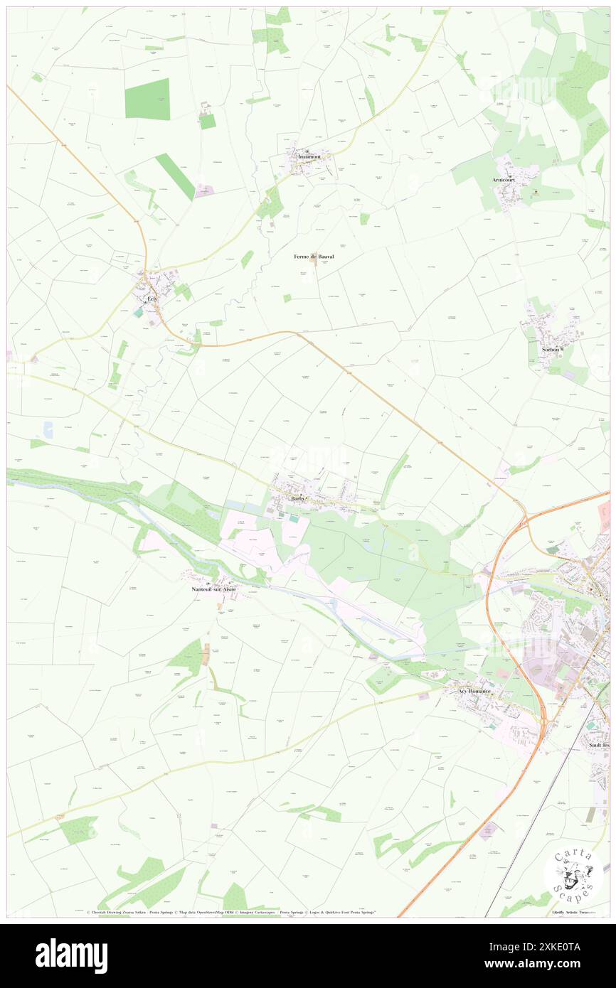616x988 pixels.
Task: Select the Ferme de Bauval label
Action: coord(314,256)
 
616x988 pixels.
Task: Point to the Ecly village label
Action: coord(152,299)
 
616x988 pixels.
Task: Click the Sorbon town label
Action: coord(551,349)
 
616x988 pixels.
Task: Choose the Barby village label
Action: coord(298,499)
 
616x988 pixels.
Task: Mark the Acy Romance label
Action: coord(474,691)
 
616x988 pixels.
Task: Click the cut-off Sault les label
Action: coord(598,745)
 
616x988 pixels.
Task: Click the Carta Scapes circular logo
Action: coord(573,874)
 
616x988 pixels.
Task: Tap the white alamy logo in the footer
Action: coord(71,955)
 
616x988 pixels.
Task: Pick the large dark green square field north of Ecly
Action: coord(147,99)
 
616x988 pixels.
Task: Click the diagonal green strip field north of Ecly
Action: coord(175,176)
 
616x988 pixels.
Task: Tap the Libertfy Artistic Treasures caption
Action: coord(575,911)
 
